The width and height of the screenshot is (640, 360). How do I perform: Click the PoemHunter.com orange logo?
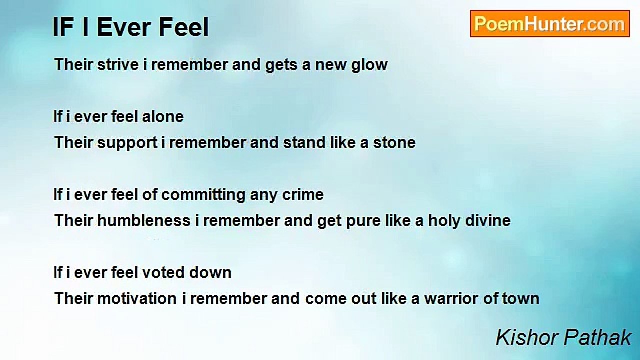pos(550,24)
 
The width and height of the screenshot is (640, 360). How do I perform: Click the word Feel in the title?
pos(183,27)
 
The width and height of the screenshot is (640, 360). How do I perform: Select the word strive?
pos(118,64)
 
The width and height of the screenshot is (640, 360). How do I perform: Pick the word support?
pos(127,143)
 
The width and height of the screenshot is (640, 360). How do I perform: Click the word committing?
pos(203,195)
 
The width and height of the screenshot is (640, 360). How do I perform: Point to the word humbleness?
pos(144,221)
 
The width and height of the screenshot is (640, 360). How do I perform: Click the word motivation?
pos(137,299)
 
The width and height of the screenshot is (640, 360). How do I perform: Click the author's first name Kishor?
pos(527,338)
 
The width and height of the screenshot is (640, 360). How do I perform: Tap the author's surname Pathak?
pos(597,338)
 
